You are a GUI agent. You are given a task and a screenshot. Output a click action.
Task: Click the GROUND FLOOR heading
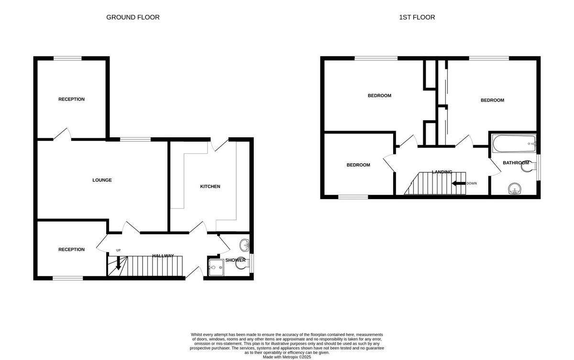click(x=132, y=17)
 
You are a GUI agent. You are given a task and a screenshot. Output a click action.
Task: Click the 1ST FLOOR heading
click(x=417, y=17)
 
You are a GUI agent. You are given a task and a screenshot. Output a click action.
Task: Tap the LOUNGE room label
click(x=102, y=180)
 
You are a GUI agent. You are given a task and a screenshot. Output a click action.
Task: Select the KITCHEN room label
click(x=210, y=186)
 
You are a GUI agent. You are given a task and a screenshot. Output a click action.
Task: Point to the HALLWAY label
click(x=163, y=256)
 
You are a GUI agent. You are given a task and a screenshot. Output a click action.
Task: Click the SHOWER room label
click(x=235, y=260)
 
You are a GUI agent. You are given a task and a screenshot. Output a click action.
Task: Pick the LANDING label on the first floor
click(x=442, y=172)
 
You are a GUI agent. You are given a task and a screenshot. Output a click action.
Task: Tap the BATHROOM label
click(x=516, y=163)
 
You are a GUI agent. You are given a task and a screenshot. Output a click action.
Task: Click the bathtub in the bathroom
click(x=514, y=143)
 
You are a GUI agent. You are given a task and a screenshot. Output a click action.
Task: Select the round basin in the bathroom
click(x=515, y=189)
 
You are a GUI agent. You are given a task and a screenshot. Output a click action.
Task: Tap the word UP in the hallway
click(x=118, y=250)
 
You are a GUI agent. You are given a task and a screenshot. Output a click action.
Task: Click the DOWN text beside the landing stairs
click(x=472, y=183)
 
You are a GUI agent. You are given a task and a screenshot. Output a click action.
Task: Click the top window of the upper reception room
click(x=67, y=59)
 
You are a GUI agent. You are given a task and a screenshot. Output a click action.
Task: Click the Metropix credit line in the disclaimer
click(x=287, y=357)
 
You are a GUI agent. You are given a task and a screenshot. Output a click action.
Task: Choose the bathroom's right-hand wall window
click(x=538, y=167)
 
